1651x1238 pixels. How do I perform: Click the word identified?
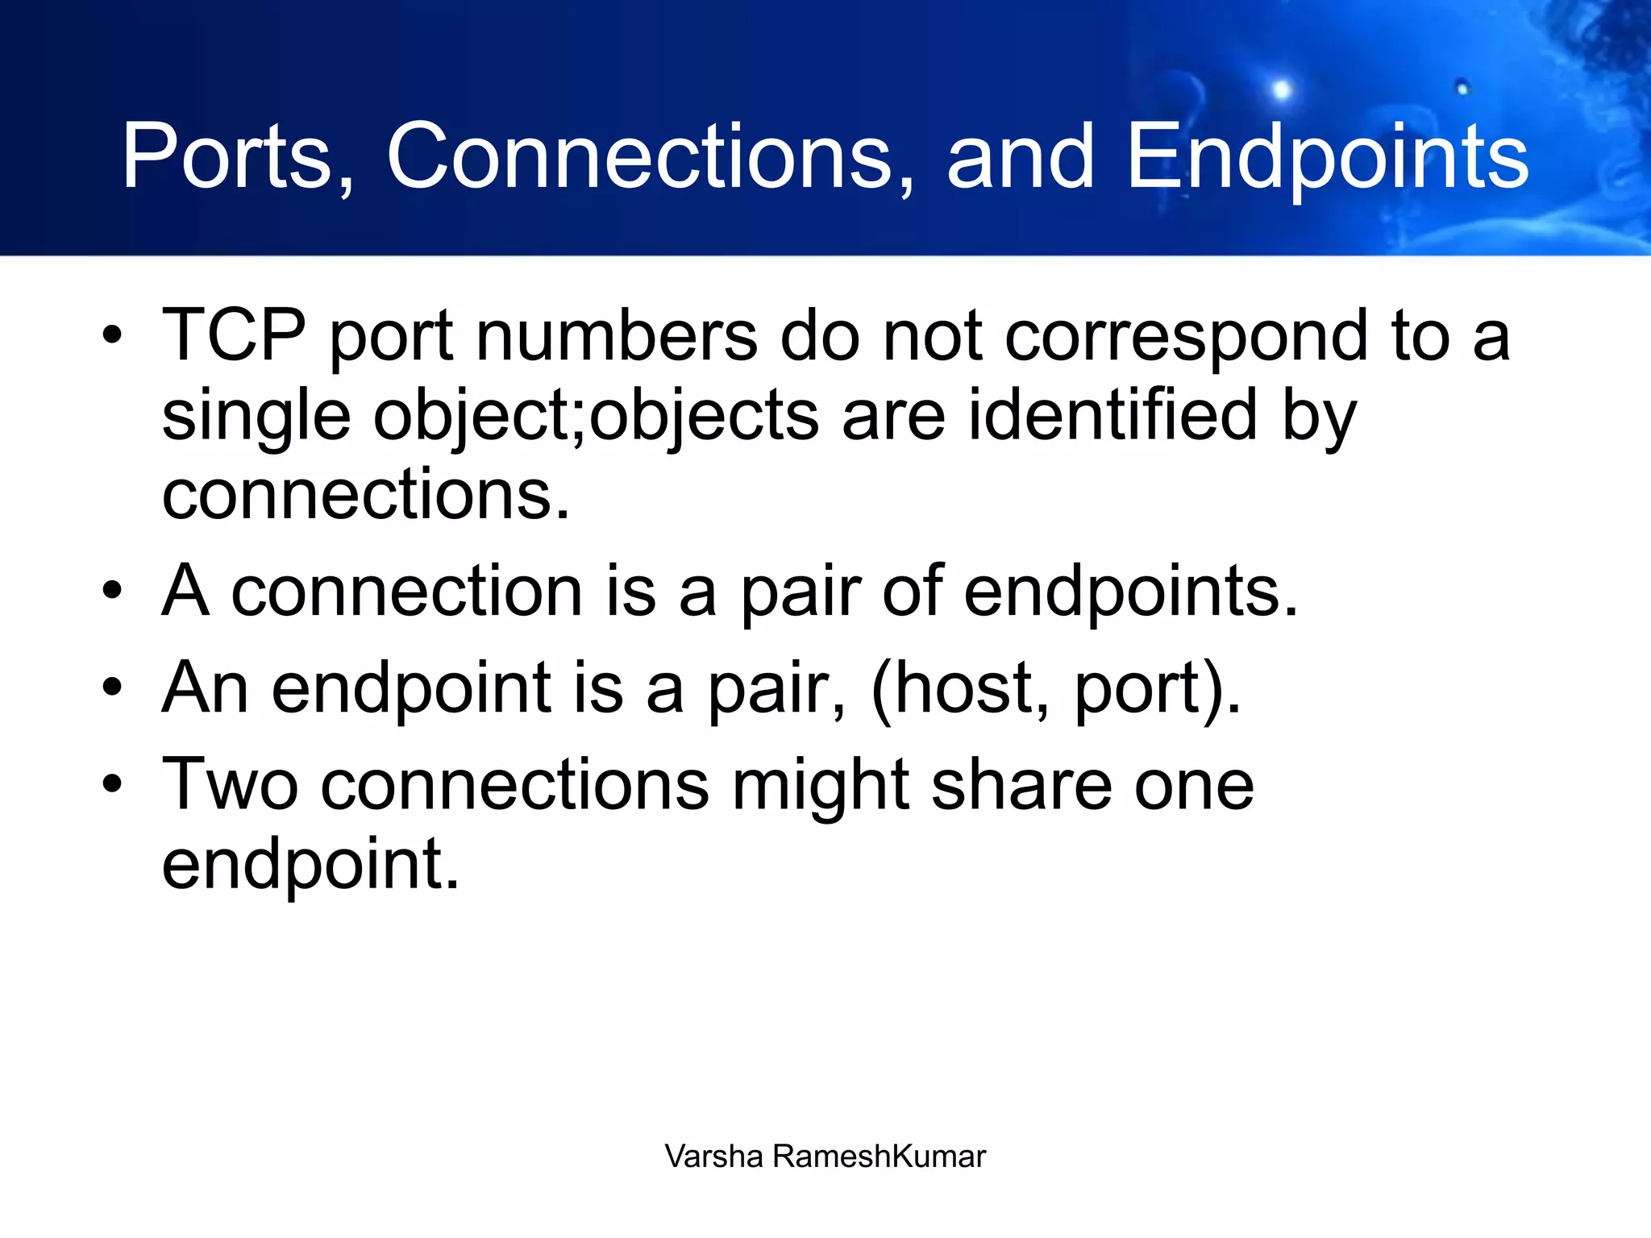click(x=1112, y=414)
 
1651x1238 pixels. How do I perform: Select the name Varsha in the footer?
click(x=713, y=1157)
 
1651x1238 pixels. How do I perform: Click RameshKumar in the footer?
click(x=879, y=1157)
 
